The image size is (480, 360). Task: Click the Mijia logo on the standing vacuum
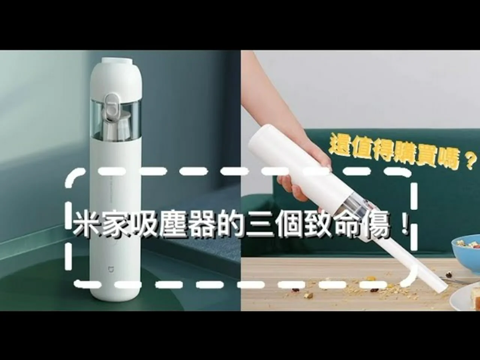111,270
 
